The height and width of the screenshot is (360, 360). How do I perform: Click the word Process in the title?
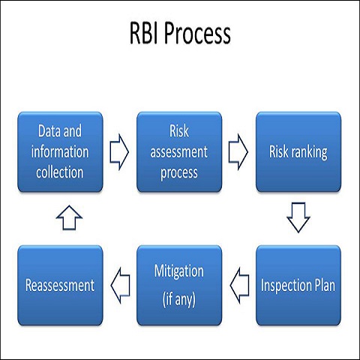click(199, 34)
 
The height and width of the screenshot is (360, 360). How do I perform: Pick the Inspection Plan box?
click(298, 284)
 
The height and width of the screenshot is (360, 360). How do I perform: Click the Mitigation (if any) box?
click(178, 284)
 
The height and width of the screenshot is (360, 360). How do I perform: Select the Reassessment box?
click(59, 284)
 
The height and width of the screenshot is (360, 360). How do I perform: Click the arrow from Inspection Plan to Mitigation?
click(238, 284)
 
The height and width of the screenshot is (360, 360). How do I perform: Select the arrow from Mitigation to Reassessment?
click(118, 284)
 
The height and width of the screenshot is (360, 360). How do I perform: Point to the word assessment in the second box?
click(178, 152)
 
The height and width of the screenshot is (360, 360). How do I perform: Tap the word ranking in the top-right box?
click(310, 152)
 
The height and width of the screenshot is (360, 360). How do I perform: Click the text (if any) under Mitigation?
click(178, 298)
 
